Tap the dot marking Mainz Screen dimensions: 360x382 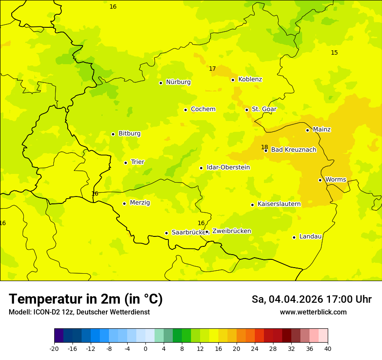point(307,130)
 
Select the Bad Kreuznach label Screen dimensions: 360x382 point(293,150)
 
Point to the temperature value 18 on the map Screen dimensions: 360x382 point(264,147)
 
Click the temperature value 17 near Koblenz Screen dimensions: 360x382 point(212,69)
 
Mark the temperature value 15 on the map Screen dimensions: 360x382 point(334,52)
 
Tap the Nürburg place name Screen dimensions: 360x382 point(178,82)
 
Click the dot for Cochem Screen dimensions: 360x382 point(185,110)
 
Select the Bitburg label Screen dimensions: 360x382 point(129,134)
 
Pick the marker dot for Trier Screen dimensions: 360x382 point(125,163)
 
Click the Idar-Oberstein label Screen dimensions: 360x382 point(228,167)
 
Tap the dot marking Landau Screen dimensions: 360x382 point(294,237)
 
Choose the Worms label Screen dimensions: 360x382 point(336,180)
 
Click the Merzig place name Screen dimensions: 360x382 point(140,203)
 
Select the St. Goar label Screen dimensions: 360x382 point(264,109)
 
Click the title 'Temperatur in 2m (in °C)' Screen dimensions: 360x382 point(86,299)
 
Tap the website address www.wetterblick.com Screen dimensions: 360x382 point(313,312)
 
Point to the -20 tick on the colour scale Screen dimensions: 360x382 point(54,348)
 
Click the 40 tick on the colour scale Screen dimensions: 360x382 point(328,348)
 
